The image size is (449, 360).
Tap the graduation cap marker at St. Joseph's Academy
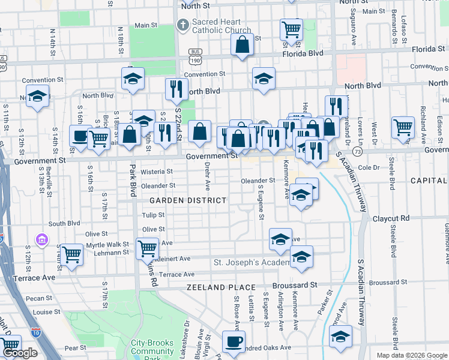click(x=301, y=257)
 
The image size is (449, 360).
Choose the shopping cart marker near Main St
click(x=291, y=29)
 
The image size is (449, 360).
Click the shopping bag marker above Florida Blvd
click(x=242, y=44)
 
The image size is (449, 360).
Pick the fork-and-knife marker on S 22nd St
click(x=176, y=89)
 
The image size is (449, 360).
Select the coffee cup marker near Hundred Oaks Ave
click(x=234, y=342)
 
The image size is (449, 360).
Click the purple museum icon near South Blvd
click(x=41, y=240)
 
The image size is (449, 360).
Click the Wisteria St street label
click(x=157, y=171)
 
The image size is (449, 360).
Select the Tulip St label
click(x=153, y=214)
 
